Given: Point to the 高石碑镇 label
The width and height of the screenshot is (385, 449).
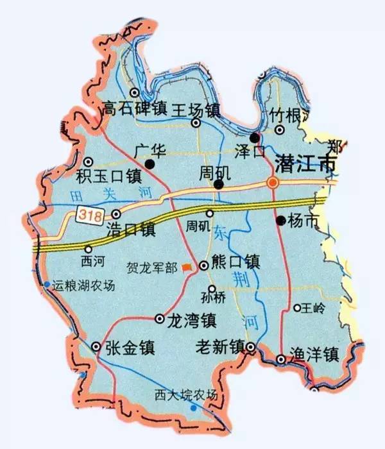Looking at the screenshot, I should [134, 109].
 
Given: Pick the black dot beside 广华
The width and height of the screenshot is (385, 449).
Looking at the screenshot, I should [150, 165].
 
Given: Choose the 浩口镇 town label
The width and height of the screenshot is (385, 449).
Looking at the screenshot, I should [139, 228].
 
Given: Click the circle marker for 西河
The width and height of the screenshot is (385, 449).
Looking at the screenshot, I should [89, 250].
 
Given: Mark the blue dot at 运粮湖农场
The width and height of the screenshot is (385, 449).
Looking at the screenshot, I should [47, 284].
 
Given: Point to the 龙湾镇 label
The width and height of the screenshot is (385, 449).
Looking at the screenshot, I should [191, 319].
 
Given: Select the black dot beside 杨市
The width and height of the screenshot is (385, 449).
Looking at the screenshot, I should [280, 221].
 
